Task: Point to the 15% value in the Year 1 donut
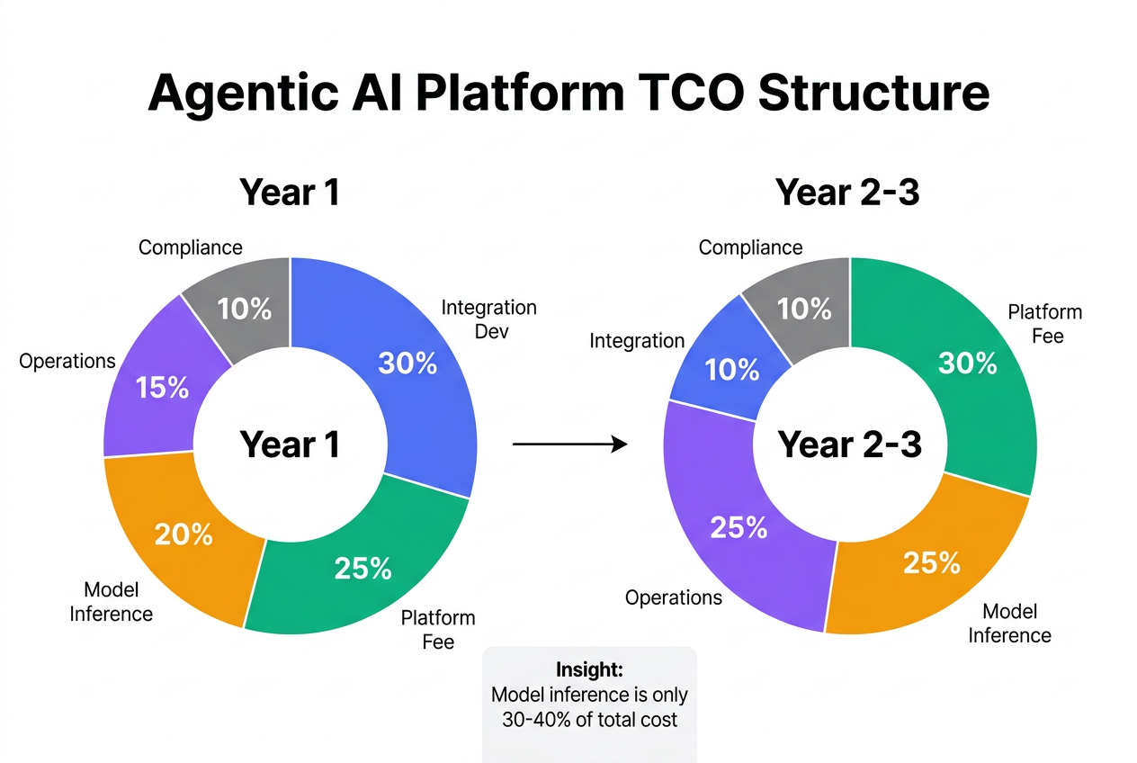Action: point(163,388)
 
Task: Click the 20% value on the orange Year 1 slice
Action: point(184,534)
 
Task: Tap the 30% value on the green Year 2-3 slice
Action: point(967,363)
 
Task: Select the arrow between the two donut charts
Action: point(569,444)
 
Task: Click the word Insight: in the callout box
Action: point(589,671)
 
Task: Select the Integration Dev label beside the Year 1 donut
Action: point(488,319)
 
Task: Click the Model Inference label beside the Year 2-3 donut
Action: point(1009,624)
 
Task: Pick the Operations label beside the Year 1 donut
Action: point(67,362)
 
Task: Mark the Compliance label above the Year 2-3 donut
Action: point(750,247)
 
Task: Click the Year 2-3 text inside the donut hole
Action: point(849,444)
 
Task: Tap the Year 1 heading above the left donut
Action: point(290,193)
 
